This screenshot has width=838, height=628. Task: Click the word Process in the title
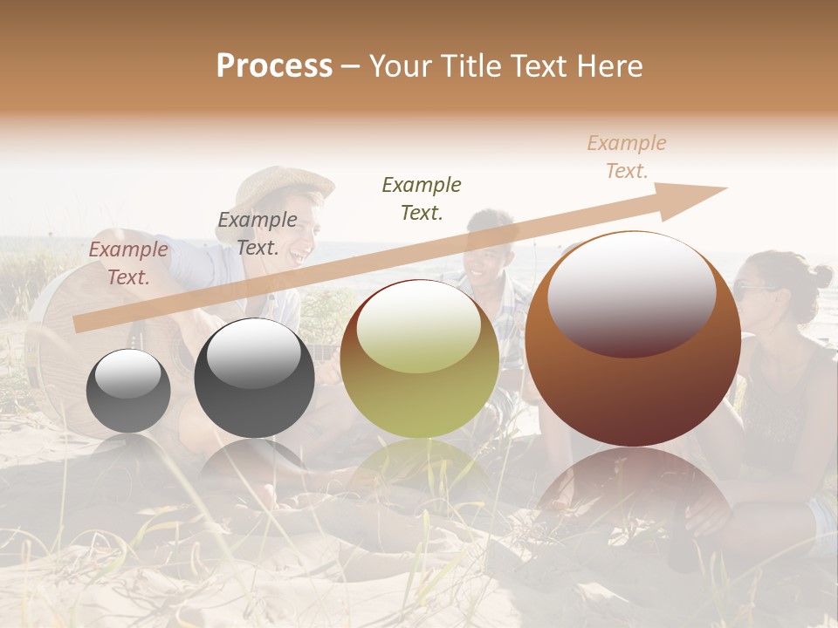pos(274,66)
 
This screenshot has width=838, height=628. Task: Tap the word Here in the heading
pos(608,66)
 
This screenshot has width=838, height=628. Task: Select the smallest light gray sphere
pos(128,391)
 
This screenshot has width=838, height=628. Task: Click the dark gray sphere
pos(254,379)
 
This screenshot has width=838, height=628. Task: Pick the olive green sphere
pos(419,358)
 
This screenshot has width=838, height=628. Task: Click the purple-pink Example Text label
pos(128,263)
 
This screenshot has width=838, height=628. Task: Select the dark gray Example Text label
pos(258,234)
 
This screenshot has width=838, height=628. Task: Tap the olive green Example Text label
pos(422,198)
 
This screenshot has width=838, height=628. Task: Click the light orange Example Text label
pos(627,157)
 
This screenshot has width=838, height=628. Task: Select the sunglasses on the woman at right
pos(753,289)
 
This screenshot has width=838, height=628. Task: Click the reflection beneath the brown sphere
pos(633,497)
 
